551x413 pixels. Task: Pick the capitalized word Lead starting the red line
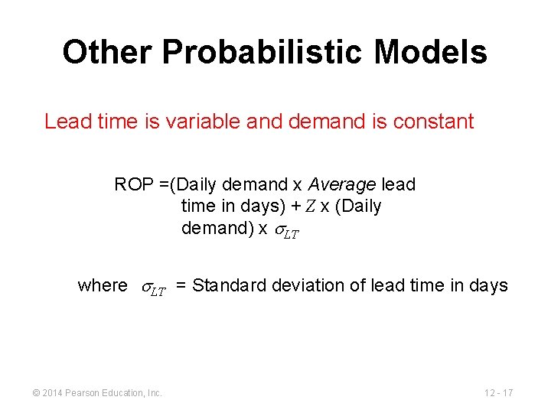click(64, 122)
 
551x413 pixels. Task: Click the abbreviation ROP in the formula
click(132, 185)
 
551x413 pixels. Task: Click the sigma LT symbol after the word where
click(153, 288)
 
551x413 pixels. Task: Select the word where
click(103, 286)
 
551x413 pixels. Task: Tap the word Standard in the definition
click(224, 286)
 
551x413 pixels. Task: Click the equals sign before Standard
click(181, 286)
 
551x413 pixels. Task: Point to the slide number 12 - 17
click(498, 392)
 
